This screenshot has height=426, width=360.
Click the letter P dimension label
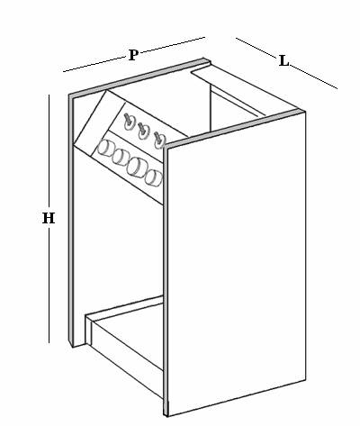click(133, 55)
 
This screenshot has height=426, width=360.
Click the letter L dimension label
click(283, 61)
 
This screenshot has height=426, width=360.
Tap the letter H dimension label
click(49, 218)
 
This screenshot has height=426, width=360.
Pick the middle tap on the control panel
click(144, 131)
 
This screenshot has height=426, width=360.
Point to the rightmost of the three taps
click(159, 140)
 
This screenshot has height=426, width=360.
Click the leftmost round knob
click(105, 150)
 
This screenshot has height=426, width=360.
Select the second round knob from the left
click(121, 158)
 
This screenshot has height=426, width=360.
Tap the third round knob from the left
click(136, 167)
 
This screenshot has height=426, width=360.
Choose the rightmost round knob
click(153, 177)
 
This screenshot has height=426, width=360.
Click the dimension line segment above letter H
click(49, 152)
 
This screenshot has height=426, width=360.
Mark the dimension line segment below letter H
click(49, 285)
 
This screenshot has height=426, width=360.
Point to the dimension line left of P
click(94, 64)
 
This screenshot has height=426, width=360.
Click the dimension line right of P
click(173, 44)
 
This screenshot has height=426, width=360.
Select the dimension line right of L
click(314, 77)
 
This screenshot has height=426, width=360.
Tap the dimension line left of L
click(256, 48)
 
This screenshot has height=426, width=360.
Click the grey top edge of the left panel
click(139, 77)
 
